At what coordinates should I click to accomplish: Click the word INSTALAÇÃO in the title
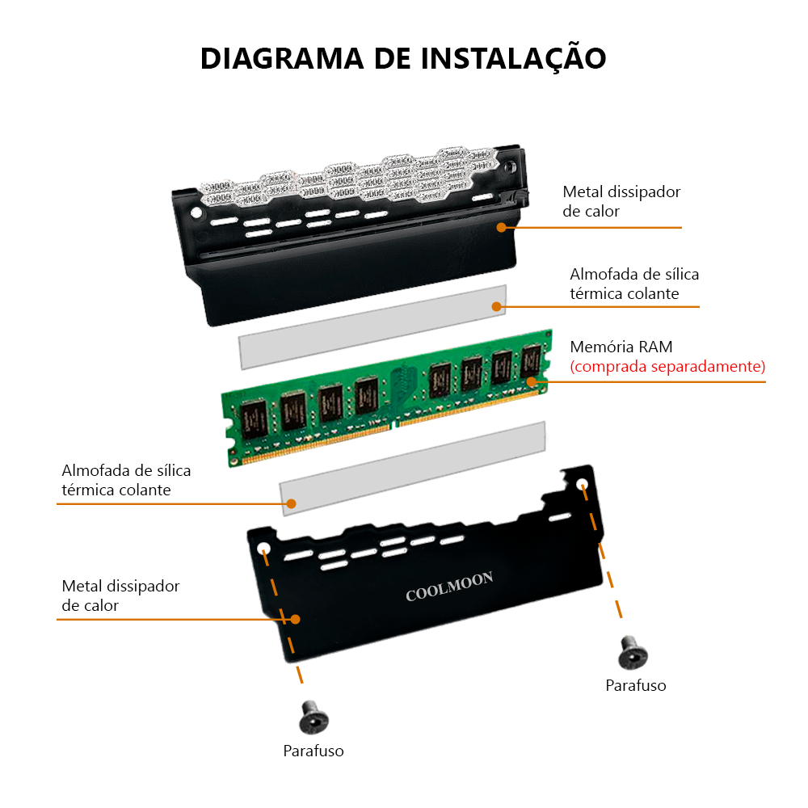(x=513, y=57)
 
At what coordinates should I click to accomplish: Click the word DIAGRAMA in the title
(x=282, y=58)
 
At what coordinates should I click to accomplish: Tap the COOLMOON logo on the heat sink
(x=449, y=587)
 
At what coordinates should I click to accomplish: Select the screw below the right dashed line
(x=633, y=652)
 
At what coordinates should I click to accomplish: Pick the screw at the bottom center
(x=314, y=717)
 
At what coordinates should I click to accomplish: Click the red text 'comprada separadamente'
(x=667, y=366)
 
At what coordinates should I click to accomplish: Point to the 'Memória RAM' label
(x=621, y=347)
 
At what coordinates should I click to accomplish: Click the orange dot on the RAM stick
(x=532, y=382)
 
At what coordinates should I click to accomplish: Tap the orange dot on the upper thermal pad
(x=497, y=306)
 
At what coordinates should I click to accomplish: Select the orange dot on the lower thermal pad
(x=291, y=503)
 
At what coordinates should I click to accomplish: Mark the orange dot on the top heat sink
(x=502, y=227)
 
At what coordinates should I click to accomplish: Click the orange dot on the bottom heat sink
(x=295, y=619)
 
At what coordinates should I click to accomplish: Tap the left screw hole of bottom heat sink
(x=263, y=547)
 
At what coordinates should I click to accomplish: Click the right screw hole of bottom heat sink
(x=582, y=484)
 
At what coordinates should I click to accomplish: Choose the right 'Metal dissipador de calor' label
(x=621, y=201)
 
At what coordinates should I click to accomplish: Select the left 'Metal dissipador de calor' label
(x=120, y=595)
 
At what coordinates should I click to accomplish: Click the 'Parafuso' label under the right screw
(x=635, y=686)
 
